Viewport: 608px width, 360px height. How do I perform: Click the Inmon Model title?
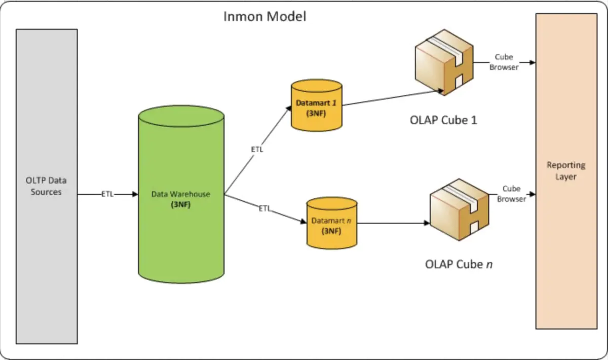coord(265,16)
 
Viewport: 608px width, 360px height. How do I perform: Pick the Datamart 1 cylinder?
coord(316,105)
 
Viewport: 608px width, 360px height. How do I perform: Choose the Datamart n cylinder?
coord(332,223)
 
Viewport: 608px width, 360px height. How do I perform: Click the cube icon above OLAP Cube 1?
coord(445,63)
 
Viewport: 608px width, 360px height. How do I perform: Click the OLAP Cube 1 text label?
coord(443,121)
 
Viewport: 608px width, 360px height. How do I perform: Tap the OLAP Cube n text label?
coord(458,265)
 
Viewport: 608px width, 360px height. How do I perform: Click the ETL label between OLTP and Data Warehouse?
coord(108,194)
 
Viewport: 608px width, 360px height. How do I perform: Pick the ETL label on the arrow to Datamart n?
coord(265,209)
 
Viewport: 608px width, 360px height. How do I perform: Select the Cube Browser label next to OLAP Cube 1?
coord(504,62)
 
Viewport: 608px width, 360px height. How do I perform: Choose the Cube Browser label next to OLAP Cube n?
coord(511,194)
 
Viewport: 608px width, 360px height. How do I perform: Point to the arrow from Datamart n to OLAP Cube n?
coord(390,223)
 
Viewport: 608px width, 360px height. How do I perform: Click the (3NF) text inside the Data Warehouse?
coord(180,204)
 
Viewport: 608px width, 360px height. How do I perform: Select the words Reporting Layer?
coord(566,171)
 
